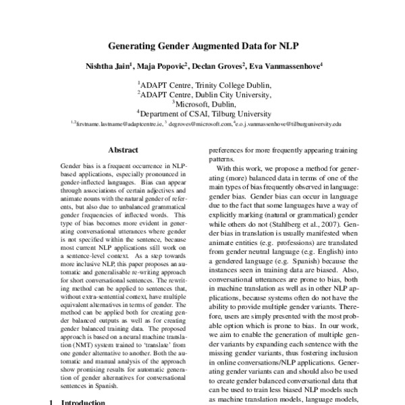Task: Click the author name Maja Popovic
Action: point(165,67)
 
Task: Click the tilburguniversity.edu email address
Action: point(289,125)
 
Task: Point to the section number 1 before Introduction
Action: point(52,402)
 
